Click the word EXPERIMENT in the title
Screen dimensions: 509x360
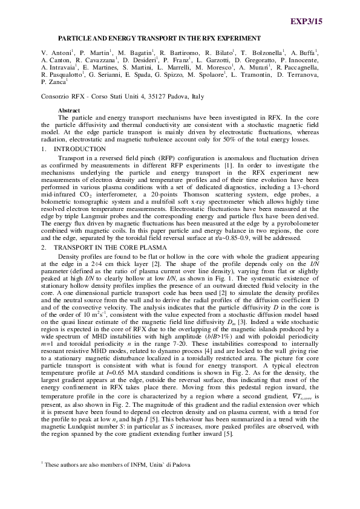click(235, 37)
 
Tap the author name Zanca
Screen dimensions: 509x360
click(59, 81)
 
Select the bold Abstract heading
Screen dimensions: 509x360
click(68, 110)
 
